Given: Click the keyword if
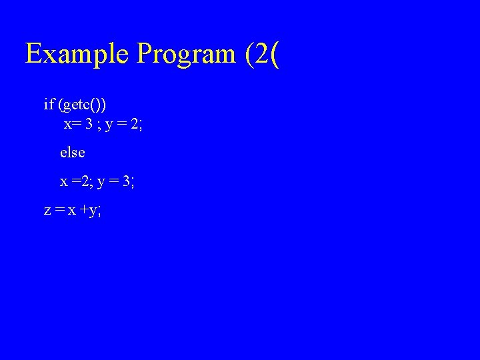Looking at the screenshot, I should (x=49, y=104).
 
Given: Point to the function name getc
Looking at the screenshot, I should (x=79, y=105).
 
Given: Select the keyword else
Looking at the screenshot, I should (x=73, y=152).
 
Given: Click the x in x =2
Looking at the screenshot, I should (x=64, y=181).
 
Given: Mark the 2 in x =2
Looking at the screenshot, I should (x=85, y=181).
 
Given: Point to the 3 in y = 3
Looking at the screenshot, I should (x=127, y=181).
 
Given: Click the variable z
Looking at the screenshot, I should (x=47, y=211).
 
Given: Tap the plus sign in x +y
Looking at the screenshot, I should (x=85, y=211).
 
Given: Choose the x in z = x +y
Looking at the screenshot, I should (x=71, y=211).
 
